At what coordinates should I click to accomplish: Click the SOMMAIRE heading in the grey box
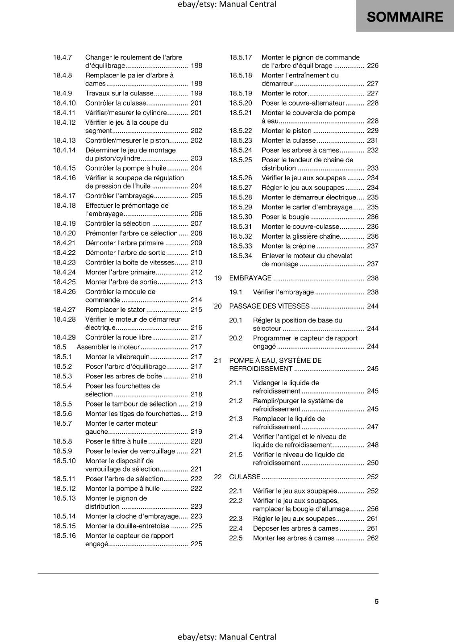point(405,17)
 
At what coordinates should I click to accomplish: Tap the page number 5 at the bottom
point(376,601)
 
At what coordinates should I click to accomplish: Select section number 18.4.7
point(62,57)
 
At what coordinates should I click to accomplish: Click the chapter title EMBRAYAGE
point(250,278)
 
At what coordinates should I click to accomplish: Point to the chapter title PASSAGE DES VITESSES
point(269,306)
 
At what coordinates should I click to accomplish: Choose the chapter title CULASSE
point(245,477)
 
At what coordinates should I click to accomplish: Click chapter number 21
point(218,360)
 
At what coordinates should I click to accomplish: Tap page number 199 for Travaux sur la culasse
point(196,93)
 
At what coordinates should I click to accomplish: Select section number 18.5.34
point(241,256)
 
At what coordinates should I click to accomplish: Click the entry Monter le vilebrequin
point(117,357)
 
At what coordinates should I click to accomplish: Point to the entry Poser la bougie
point(285,217)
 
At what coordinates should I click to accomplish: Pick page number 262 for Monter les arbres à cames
point(372,538)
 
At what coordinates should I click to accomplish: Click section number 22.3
point(236,518)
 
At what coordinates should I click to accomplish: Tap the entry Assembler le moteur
point(108,347)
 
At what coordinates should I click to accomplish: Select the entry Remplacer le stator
point(115,309)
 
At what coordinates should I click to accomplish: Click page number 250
point(372,463)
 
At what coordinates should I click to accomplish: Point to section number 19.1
point(236,292)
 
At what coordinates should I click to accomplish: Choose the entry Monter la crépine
point(288,246)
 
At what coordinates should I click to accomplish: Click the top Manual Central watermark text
point(227,4)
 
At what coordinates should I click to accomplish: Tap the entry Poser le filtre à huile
point(116,441)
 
